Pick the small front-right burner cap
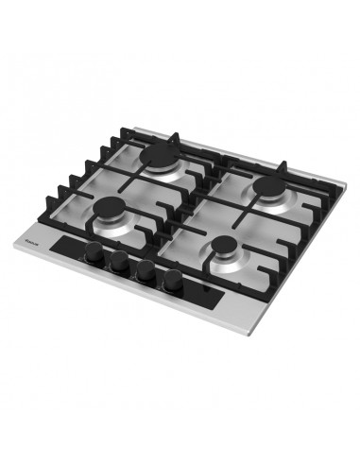click(227, 250)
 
